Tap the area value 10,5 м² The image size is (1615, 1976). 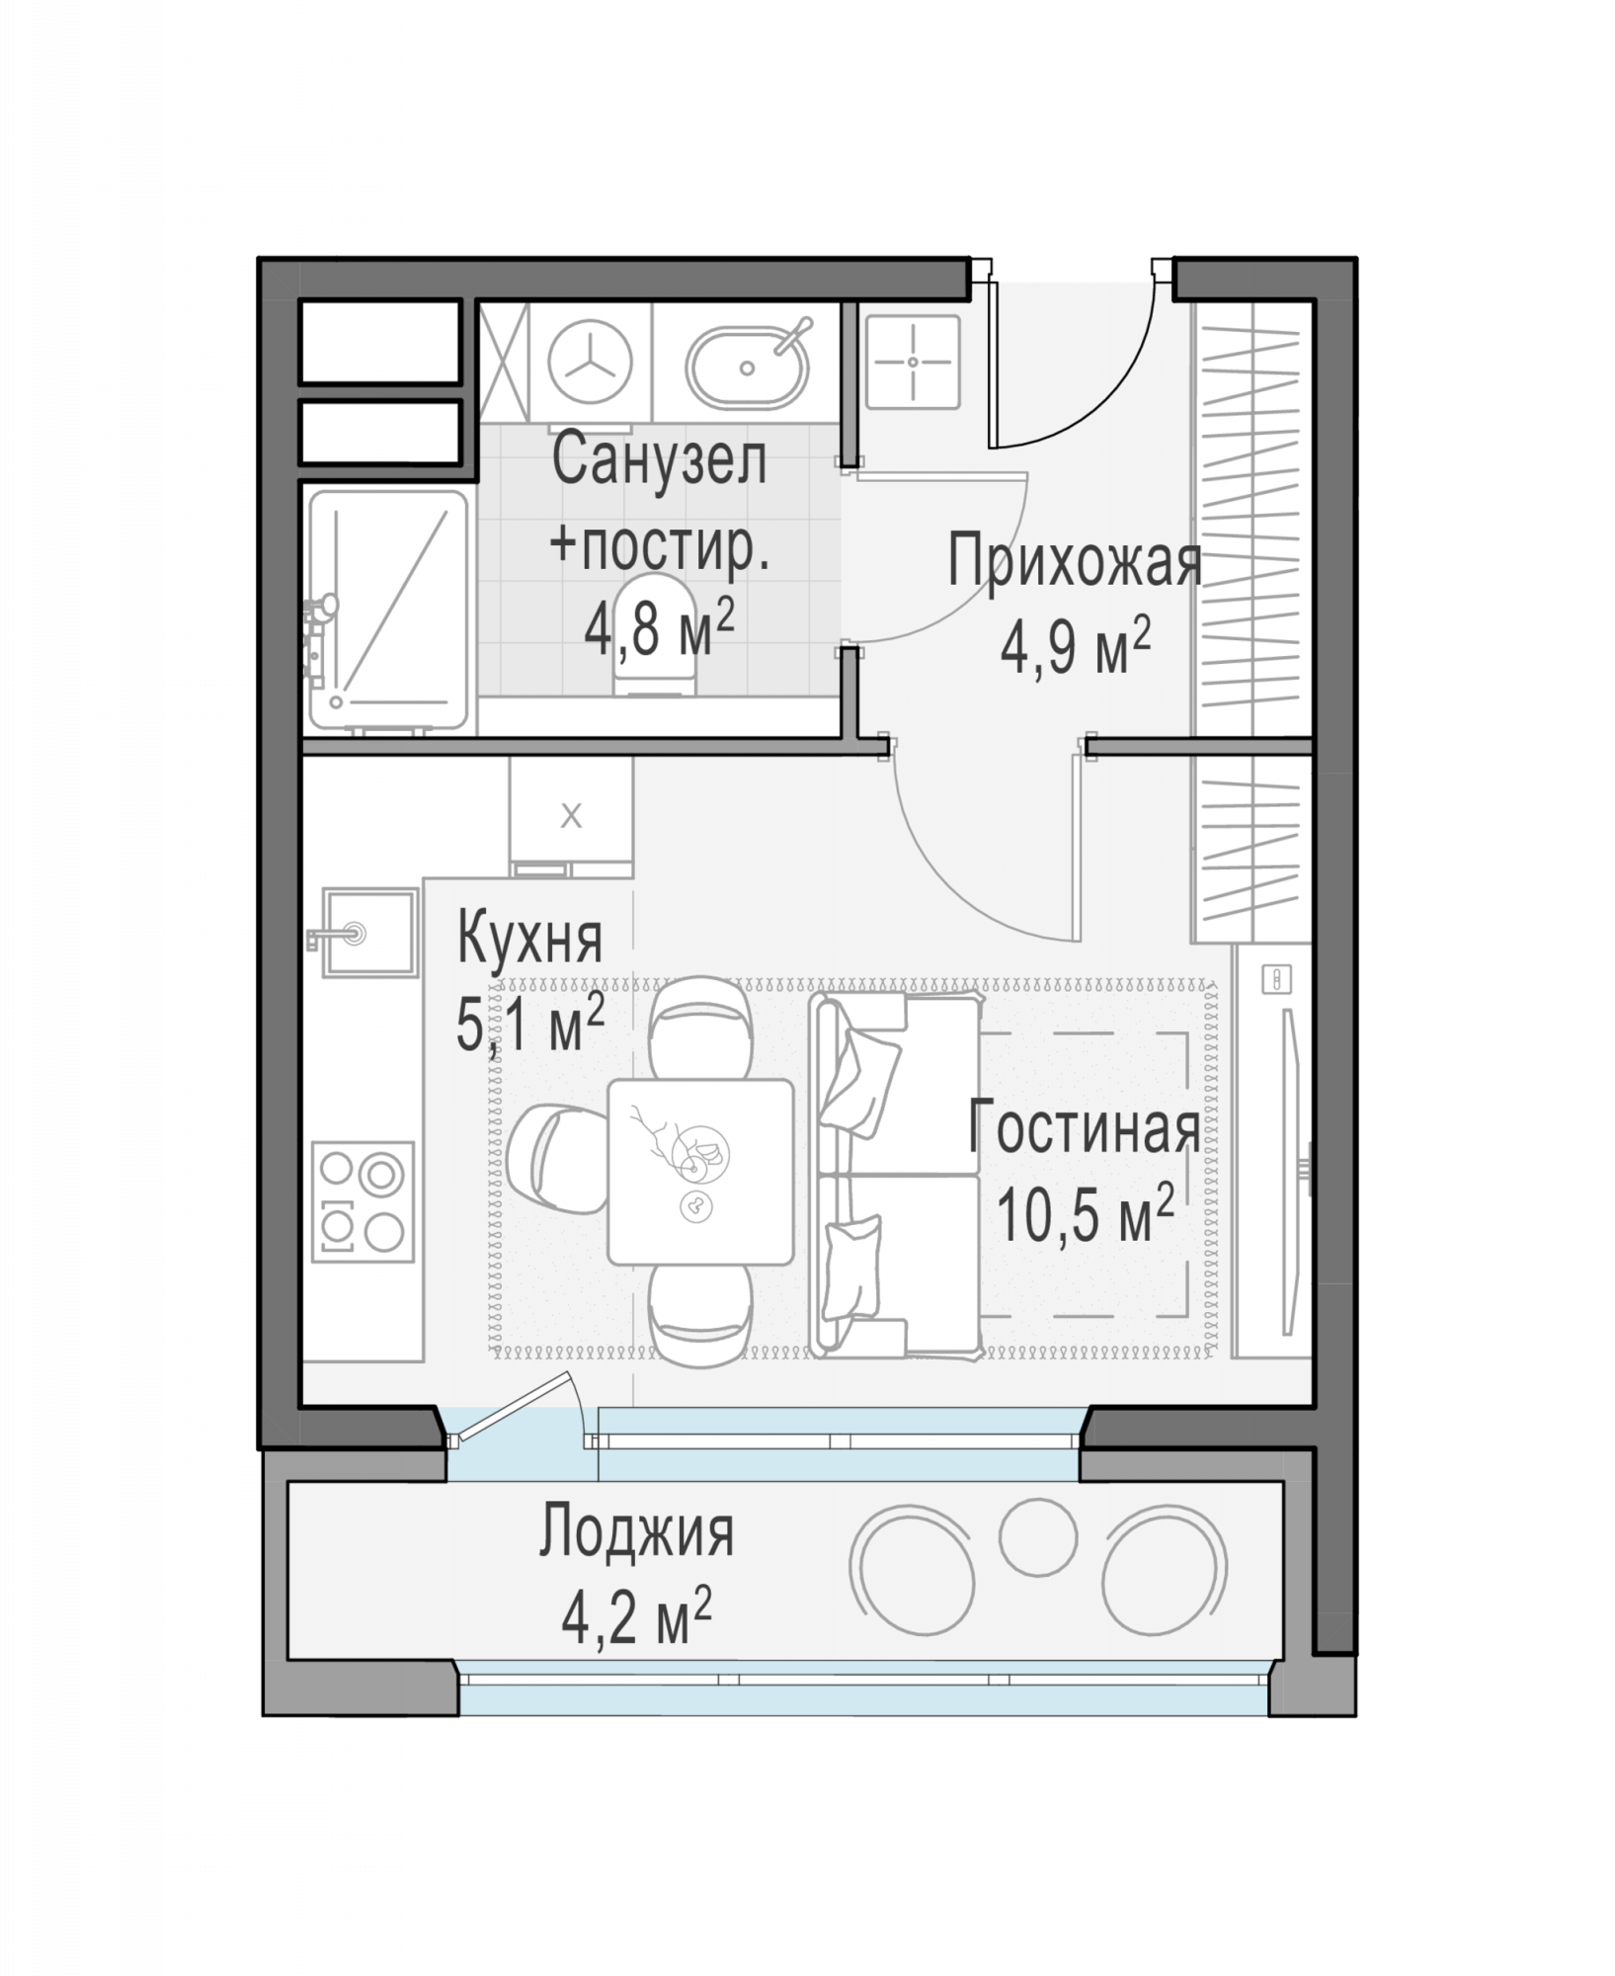[1085, 1214]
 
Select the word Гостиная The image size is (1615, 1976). [1084, 1127]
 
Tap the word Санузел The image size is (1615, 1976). [659, 460]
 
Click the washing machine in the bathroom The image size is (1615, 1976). [591, 364]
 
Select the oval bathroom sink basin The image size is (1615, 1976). [748, 367]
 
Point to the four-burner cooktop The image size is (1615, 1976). [363, 1200]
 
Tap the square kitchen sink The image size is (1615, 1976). [367, 932]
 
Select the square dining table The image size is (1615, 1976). [700, 1172]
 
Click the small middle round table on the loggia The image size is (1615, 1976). [1036, 1532]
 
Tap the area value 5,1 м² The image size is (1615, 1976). [529, 1025]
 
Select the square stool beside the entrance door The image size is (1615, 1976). [913, 362]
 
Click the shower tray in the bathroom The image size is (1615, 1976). [387, 611]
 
